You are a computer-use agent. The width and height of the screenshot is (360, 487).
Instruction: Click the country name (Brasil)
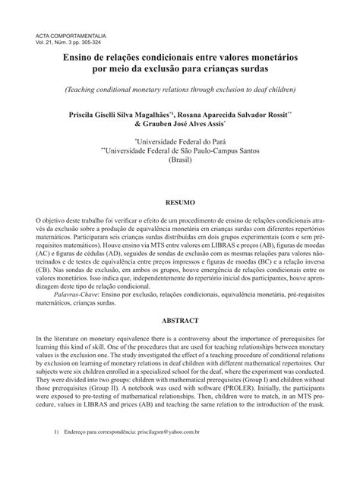(181, 162)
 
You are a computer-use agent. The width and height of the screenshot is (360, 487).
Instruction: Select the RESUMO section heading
(180, 203)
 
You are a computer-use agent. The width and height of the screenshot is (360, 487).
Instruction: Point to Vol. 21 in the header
(47, 43)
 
